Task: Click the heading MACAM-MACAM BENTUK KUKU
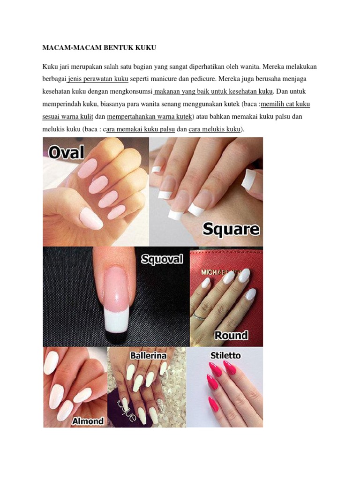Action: [99, 48]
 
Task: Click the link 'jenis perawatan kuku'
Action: [98, 79]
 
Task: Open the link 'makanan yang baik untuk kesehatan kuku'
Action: [213, 91]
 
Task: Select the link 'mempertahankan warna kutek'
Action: [150, 117]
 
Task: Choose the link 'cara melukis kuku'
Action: [215, 129]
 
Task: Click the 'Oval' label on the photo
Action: [66, 152]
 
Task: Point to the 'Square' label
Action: [231, 229]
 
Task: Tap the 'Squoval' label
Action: [162, 259]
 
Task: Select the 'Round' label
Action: [231, 335]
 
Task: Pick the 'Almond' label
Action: [88, 421]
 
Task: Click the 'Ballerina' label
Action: [148, 355]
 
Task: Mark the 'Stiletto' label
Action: [225, 355]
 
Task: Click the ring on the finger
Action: [199, 316]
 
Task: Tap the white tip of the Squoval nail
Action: [116, 322]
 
